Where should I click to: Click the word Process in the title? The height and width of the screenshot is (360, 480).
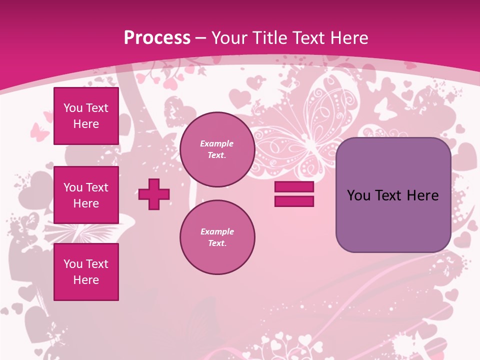[x=157, y=37]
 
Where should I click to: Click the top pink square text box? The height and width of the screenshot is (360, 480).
[x=86, y=116]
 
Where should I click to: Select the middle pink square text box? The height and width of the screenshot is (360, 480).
[x=86, y=195]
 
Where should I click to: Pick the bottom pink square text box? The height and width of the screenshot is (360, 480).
[x=86, y=272]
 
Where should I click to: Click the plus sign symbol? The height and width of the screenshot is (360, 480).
[x=154, y=194]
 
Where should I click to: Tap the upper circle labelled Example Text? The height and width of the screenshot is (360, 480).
[x=217, y=149]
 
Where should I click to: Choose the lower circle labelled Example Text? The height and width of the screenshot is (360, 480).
[x=217, y=237]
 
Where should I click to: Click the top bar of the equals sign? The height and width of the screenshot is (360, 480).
[x=294, y=187]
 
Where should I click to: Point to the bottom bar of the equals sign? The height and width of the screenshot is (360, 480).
[x=294, y=201]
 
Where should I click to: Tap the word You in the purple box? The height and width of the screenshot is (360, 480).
[x=358, y=195]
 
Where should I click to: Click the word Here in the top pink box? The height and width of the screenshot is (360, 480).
[x=86, y=124]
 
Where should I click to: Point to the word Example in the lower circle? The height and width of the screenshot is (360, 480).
[x=217, y=231]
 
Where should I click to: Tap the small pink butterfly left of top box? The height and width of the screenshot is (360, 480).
[x=40, y=131]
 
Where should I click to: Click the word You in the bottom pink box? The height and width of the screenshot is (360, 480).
[x=73, y=264]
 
